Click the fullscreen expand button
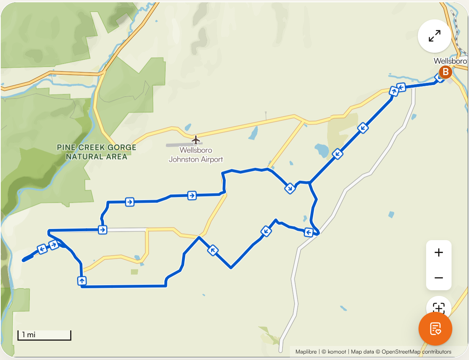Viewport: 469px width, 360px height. click(x=434, y=36)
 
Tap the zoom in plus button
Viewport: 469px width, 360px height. click(x=439, y=253)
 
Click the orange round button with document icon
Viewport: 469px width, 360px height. click(x=435, y=329)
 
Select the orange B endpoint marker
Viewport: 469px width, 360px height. click(x=445, y=72)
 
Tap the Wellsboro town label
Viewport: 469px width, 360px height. click(x=450, y=61)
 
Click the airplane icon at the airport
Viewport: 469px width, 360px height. click(x=196, y=140)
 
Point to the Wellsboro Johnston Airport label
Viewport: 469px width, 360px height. click(x=196, y=155)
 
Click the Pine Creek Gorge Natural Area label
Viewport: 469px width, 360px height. click(x=96, y=152)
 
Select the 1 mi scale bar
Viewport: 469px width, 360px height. click(x=44, y=335)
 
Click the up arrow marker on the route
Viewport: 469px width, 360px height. click(x=82, y=281)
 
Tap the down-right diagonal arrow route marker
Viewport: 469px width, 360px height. click(x=290, y=188)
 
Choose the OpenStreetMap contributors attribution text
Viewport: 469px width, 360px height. click(x=416, y=352)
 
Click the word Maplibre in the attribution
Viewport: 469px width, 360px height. click(x=306, y=352)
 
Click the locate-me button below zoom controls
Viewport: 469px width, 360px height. click(x=439, y=306)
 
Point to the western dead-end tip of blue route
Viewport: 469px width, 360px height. click(x=24, y=260)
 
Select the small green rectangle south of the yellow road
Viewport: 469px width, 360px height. click(x=134, y=272)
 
